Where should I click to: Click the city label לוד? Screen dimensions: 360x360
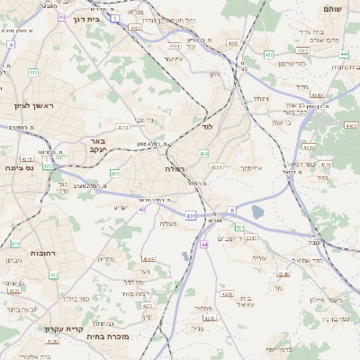point(207,127)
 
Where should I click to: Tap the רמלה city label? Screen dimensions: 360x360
point(175,168)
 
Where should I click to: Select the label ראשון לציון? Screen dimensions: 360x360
point(34,105)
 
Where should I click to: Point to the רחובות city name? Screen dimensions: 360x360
point(20,254)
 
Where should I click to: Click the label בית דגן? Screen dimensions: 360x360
point(85,19)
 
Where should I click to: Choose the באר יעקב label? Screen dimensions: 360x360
point(98,145)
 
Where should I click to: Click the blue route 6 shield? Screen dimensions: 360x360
point(231,210)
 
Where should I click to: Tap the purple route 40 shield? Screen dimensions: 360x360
point(141,210)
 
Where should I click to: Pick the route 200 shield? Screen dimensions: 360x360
point(114,173)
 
